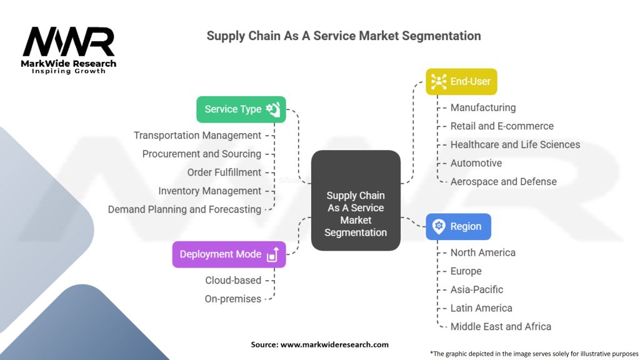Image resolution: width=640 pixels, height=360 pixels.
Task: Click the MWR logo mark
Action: (69, 42)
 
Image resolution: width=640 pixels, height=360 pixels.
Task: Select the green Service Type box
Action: (241, 109)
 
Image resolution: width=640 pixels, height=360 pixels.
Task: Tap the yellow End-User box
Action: (461, 82)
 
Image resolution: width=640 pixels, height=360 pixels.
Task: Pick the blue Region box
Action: (458, 226)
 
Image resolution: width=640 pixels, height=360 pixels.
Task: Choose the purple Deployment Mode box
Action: (229, 254)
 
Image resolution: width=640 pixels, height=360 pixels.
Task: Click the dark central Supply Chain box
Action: (356, 201)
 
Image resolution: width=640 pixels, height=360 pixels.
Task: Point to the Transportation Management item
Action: (197, 136)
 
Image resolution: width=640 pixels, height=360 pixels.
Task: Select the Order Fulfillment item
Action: (224, 172)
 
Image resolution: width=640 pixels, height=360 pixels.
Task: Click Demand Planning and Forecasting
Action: (184, 209)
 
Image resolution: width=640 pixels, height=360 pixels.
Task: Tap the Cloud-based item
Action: (233, 281)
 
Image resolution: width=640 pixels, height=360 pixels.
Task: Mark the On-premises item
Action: (233, 299)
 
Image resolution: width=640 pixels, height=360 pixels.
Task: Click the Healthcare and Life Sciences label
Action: (515, 144)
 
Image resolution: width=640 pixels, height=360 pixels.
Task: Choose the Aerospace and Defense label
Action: (503, 182)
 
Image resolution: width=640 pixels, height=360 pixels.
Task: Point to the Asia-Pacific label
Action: (477, 290)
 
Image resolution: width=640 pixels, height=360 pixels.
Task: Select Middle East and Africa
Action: (501, 326)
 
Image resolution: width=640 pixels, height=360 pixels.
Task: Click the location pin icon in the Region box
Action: (439, 226)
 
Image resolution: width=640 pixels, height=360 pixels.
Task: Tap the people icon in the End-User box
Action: (439, 82)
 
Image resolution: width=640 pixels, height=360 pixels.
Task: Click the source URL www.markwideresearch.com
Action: (334, 344)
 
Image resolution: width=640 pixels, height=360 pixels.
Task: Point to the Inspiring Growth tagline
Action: (69, 71)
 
